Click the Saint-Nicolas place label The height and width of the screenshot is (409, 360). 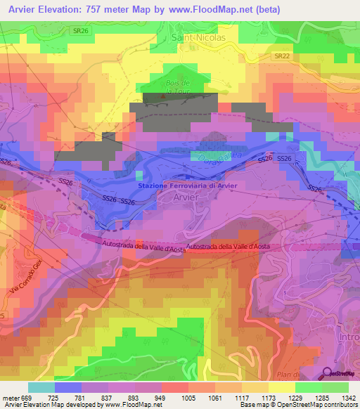(x=199, y=38)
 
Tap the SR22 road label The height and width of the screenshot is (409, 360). (x=282, y=56)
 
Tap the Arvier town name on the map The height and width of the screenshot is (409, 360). (x=185, y=198)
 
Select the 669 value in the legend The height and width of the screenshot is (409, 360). (x=20, y=398)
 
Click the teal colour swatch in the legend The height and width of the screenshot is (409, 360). (x=41, y=387)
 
